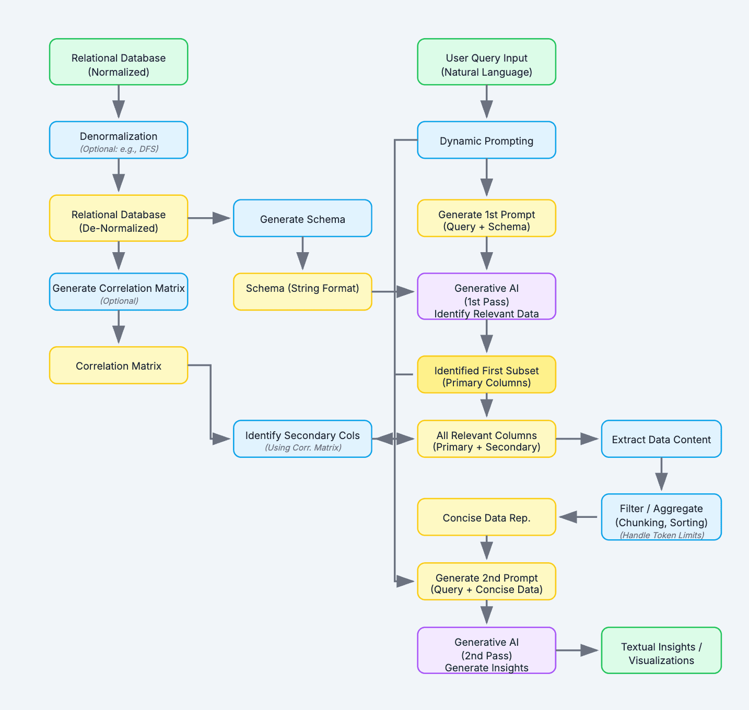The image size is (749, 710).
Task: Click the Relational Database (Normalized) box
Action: pyautogui.click(x=119, y=62)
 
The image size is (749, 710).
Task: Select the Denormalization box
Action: pyautogui.click(x=119, y=140)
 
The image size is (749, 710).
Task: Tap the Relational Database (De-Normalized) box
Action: pyautogui.click(x=119, y=218)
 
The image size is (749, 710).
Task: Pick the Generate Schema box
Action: pyautogui.click(x=302, y=218)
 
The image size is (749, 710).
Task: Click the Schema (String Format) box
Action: pyautogui.click(x=302, y=291)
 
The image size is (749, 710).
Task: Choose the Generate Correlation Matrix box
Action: pyautogui.click(x=119, y=291)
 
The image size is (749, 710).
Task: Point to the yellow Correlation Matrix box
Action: pyautogui.click(x=119, y=365)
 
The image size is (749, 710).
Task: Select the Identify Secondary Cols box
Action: pyautogui.click(x=302, y=439)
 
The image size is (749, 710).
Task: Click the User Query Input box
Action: pyautogui.click(x=486, y=62)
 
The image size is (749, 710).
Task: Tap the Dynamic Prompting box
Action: pyautogui.click(x=486, y=140)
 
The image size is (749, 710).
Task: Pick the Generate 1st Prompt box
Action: pyautogui.click(x=486, y=218)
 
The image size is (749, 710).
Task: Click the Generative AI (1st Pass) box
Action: pyautogui.click(x=486, y=297)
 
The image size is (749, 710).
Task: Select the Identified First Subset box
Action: pyautogui.click(x=486, y=375)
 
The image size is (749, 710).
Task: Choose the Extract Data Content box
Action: pyautogui.click(x=661, y=439)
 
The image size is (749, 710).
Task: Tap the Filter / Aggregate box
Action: pyautogui.click(x=661, y=517)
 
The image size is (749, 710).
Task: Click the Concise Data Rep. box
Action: pyautogui.click(x=486, y=517)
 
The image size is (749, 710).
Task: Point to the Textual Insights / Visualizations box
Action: pyautogui.click(x=661, y=650)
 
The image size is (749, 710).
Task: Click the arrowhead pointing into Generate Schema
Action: pyautogui.click(x=221, y=218)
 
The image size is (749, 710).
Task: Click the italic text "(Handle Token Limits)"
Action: pyautogui.click(x=662, y=535)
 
